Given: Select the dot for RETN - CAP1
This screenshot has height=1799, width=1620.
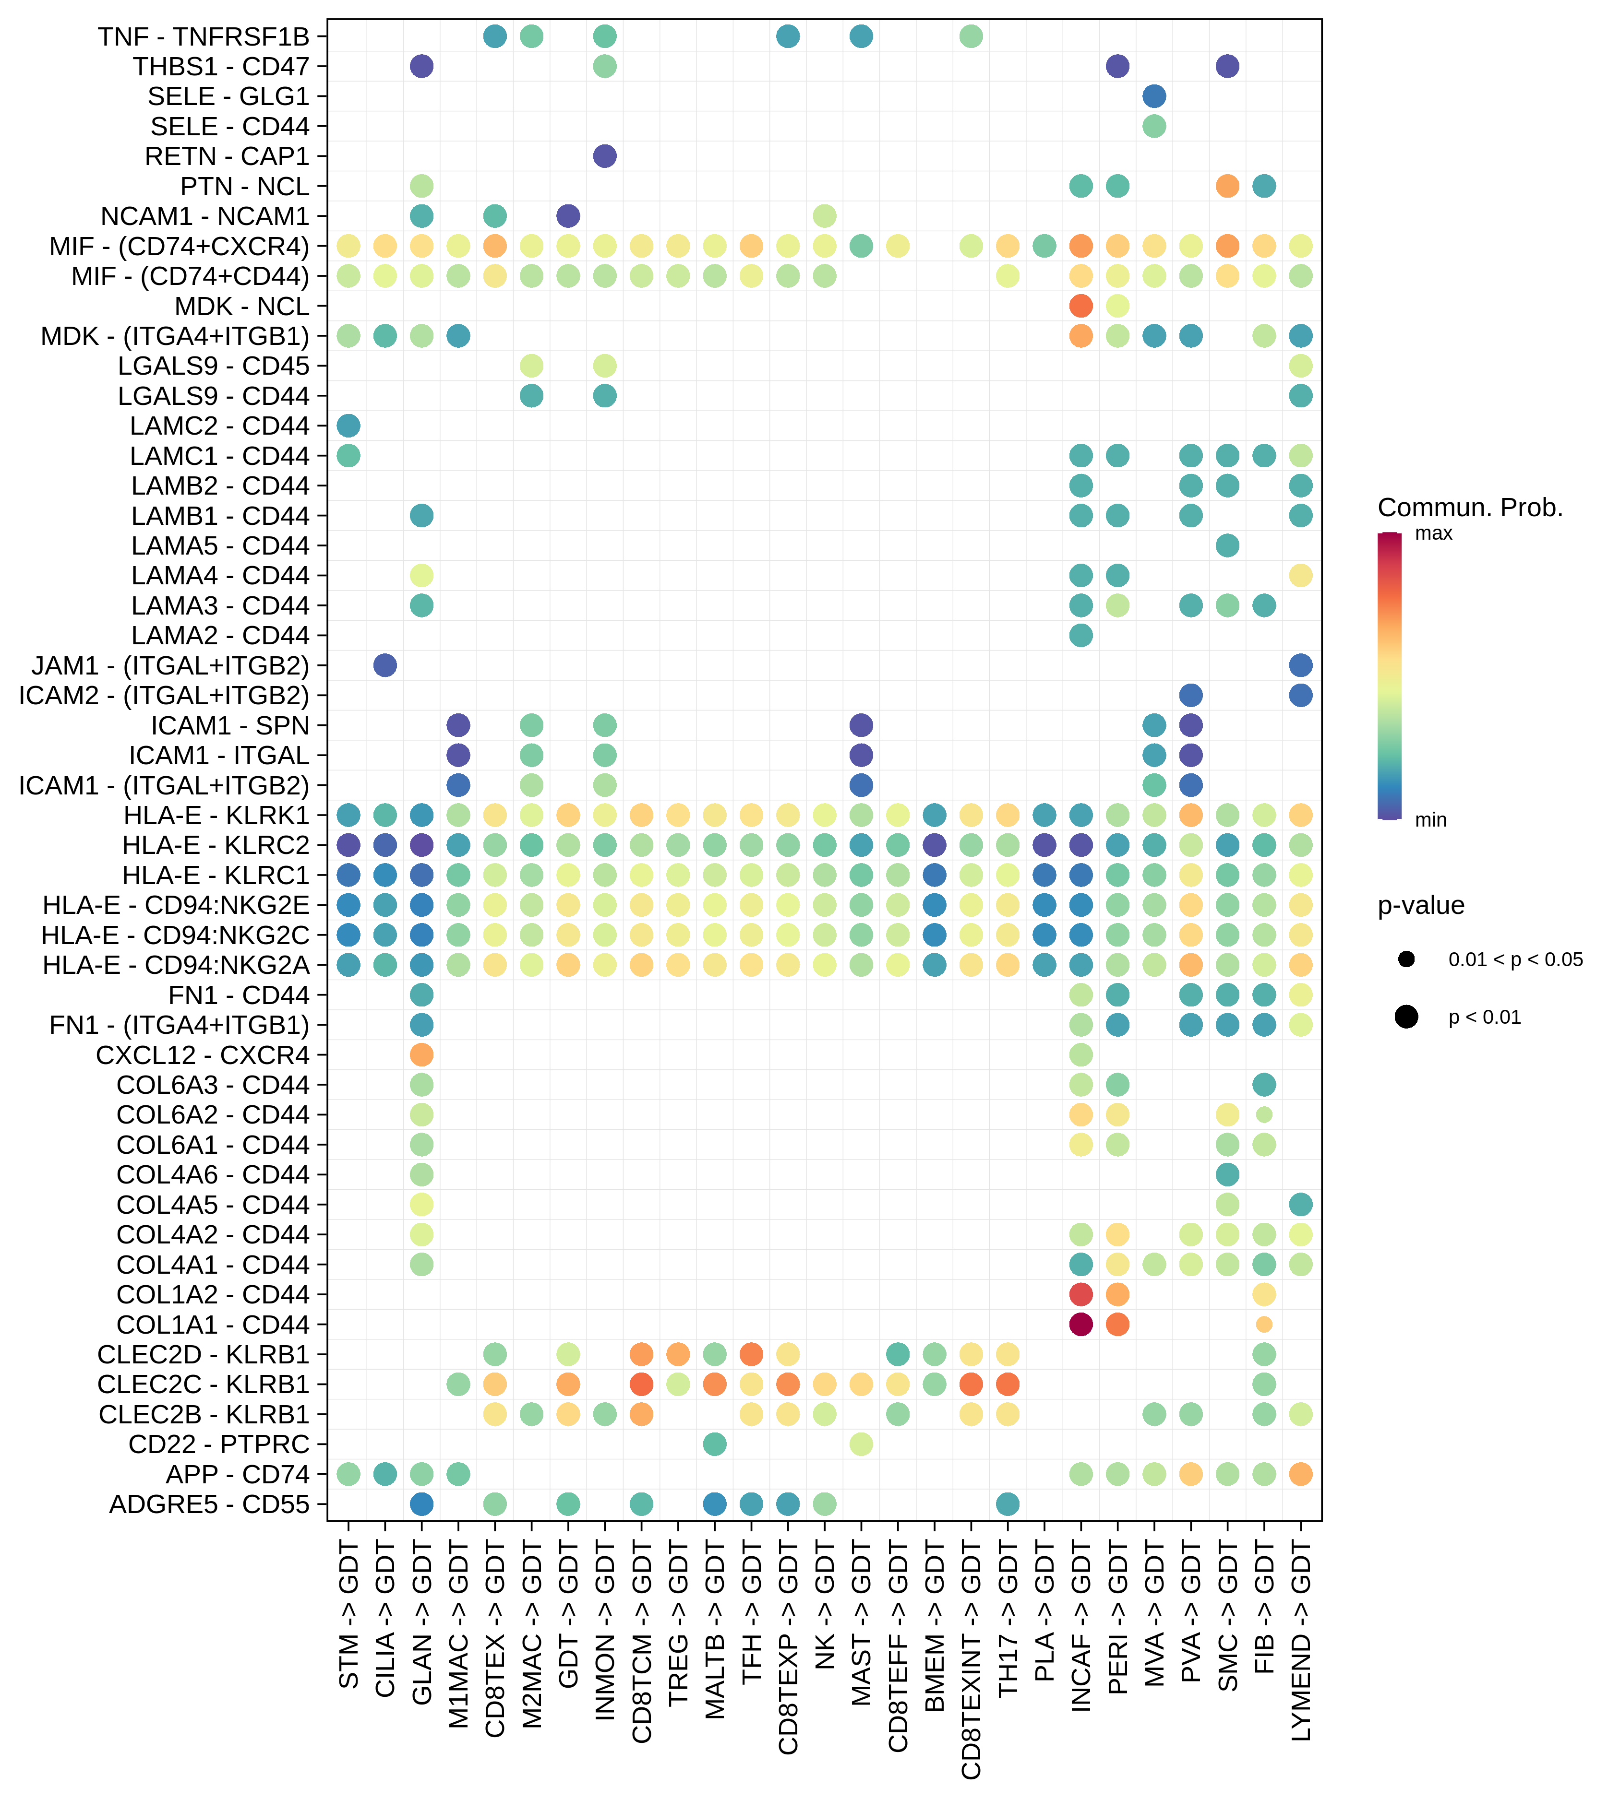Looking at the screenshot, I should [x=604, y=156].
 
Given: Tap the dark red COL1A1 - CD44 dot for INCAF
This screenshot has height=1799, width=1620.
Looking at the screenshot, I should [x=1080, y=1324].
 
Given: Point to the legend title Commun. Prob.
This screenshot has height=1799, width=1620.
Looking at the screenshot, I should [x=1470, y=508].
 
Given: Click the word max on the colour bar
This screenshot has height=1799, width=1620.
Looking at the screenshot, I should [x=1433, y=534].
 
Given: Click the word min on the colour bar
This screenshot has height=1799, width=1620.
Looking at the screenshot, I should [x=1430, y=819].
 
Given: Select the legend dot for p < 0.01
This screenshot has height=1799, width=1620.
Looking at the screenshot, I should [x=1406, y=1016].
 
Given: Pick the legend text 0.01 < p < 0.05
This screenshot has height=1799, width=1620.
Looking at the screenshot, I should [x=1515, y=959].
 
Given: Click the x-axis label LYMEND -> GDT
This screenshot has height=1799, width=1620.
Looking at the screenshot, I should [x=1300, y=1643].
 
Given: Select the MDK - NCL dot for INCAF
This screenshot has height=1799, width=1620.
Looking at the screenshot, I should [x=1080, y=306].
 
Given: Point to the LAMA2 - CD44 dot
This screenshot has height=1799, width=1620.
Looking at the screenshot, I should [x=1080, y=635].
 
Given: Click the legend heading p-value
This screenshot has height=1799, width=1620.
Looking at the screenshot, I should [x=1421, y=906].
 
